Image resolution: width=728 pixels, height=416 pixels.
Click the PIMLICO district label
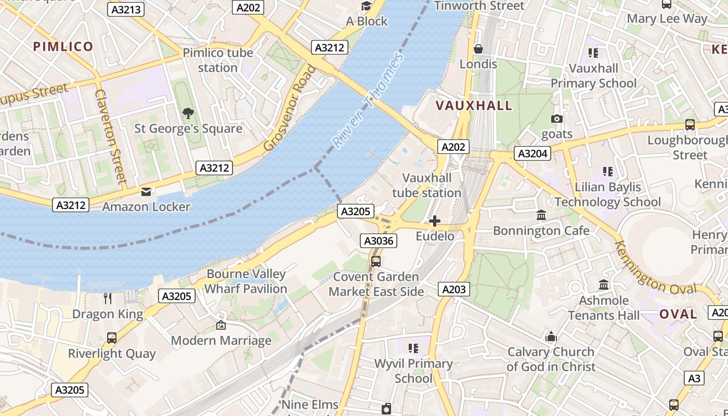[x=63, y=47]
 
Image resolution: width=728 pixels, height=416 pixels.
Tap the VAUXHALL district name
[x=474, y=106]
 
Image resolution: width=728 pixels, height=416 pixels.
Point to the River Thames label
[x=368, y=101]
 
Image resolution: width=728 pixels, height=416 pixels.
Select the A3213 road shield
[x=126, y=9]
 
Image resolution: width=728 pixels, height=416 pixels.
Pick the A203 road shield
[x=453, y=289]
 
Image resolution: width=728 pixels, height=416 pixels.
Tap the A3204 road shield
[x=532, y=153]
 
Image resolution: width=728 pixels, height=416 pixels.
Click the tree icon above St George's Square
[x=188, y=113]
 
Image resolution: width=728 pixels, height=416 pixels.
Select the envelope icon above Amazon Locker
[x=146, y=192]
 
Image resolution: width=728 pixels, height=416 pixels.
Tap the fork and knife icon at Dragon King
[x=108, y=298]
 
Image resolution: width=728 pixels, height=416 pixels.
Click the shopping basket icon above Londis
[x=478, y=49]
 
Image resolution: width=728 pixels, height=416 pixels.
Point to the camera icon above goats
[x=557, y=119]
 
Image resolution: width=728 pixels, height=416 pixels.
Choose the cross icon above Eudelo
[x=435, y=222]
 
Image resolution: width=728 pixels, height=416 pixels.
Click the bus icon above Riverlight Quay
[x=112, y=338]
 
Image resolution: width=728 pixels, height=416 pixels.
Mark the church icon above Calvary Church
[x=551, y=336]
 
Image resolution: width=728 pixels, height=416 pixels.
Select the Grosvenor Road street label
[x=290, y=108]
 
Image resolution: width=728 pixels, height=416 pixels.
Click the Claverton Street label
[x=111, y=136]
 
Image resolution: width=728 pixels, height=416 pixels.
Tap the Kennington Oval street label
[x=655, y=268]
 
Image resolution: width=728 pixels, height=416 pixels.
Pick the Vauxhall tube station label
[x=426, y=186]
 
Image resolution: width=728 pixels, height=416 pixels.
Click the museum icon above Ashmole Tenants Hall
[x=604, y=285]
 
